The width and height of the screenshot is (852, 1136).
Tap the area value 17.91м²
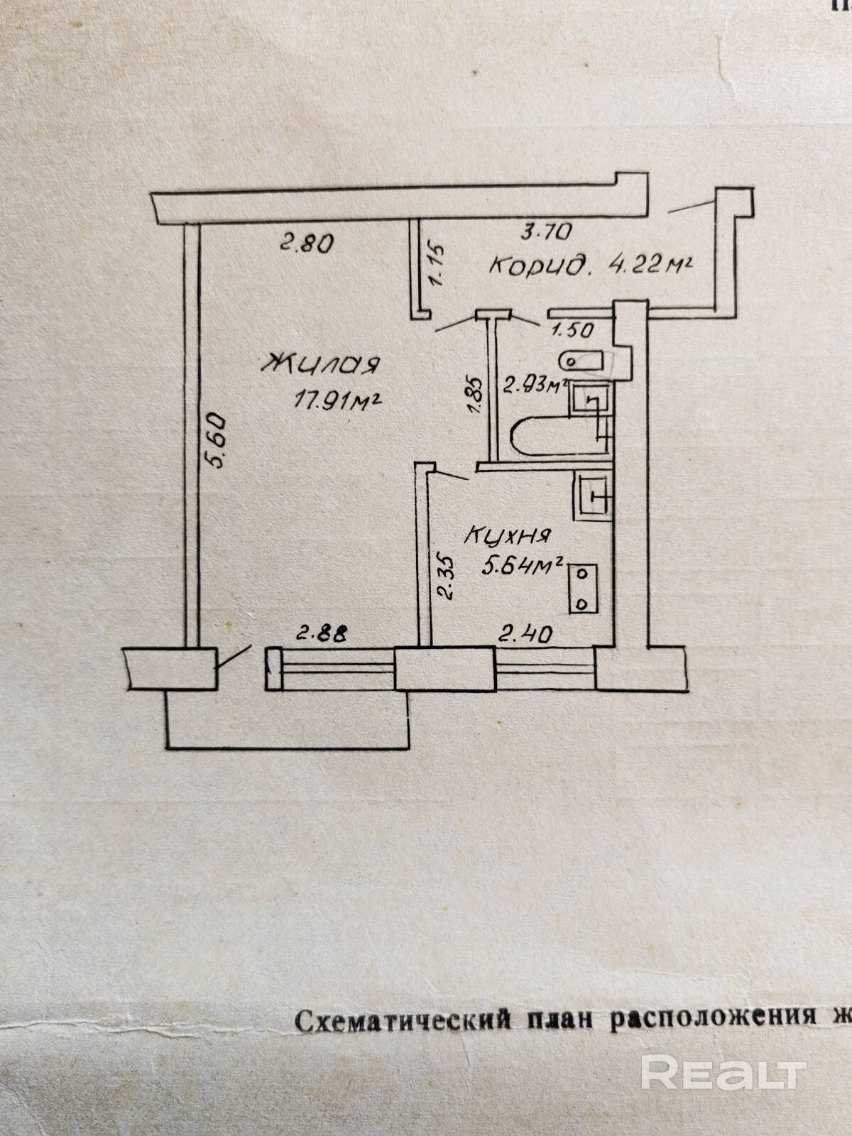(x=339, y=402)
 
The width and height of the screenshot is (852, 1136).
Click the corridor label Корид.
(x=542, y=267)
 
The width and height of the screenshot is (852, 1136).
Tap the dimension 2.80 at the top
(x=305, y=245)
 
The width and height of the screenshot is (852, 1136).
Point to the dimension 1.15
(x=437, y=265)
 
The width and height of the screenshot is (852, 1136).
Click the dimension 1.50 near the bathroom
(x=572, y=329)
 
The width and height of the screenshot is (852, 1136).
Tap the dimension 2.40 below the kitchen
(x=525, y=634)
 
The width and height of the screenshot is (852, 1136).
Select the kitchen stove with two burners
(x=583, y=589)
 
